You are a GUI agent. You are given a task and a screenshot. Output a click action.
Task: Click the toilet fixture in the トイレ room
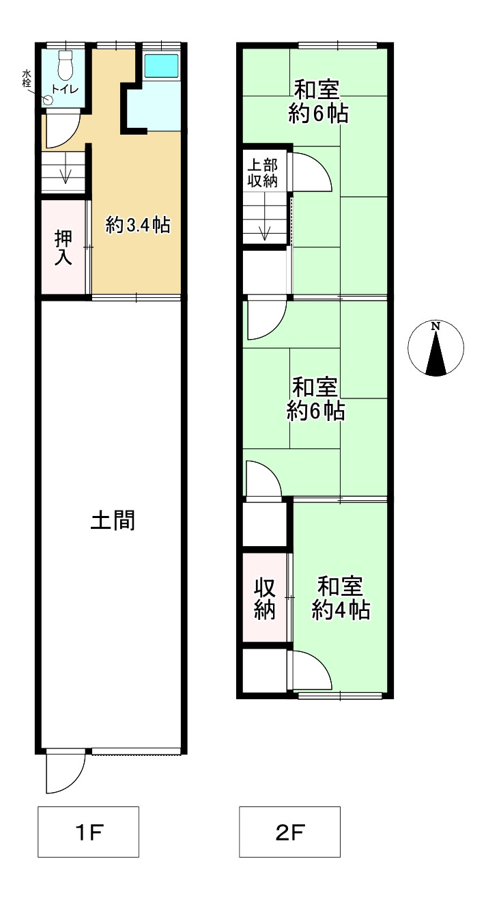(66, 65)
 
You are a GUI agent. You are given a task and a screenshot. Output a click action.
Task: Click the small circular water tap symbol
(48, 100)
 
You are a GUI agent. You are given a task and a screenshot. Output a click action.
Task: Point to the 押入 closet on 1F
(63, 247)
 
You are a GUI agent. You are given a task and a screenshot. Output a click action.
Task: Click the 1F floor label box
(88, 832)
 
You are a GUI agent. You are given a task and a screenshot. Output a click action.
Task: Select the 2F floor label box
(289, 832)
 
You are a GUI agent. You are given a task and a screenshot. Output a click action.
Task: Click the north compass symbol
(435, 348)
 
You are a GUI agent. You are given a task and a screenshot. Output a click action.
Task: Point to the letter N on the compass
(435, 326)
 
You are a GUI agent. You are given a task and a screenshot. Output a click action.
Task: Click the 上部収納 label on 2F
(262, 173)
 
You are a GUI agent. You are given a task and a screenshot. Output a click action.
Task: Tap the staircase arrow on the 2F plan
(265, 226)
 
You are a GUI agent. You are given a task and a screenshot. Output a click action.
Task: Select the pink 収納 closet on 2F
(265, 598)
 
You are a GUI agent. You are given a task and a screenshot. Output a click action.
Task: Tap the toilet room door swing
(61, 128)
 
